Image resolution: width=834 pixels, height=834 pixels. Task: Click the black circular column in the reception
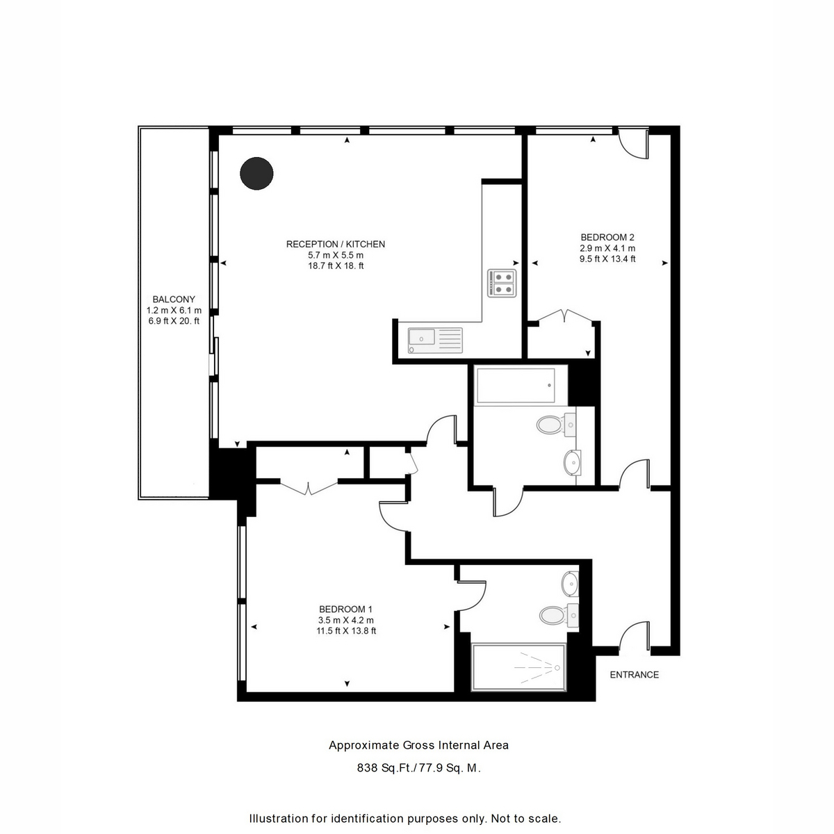pos(256,173)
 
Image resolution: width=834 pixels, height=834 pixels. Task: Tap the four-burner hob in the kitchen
pos(502,283)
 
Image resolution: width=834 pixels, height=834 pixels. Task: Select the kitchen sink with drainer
pos(434,340)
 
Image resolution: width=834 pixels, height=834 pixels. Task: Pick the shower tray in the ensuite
pos(518,667)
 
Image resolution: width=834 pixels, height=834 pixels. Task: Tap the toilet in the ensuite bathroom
pos(558,614)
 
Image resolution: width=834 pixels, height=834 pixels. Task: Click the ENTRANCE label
pos(634,674)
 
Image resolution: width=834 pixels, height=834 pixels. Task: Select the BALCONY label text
pos(174,299)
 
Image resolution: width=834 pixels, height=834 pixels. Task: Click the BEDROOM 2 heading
pos(607,237)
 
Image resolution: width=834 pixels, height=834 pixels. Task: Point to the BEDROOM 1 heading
pos(345,609)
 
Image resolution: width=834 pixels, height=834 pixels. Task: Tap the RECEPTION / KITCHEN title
pos(336,244)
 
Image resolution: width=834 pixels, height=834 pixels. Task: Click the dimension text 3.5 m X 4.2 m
pos(346,620)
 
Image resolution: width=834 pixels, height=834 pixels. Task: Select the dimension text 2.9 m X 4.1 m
pos(607,248)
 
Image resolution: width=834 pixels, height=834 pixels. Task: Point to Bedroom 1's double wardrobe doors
pos(308,488)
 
